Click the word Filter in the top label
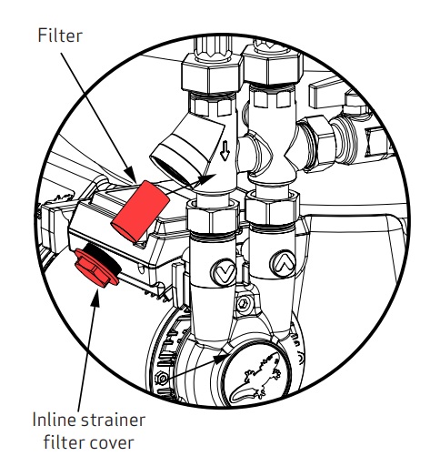tap(60, 35)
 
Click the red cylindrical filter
tap(140, 211)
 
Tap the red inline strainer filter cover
tap(95, 268)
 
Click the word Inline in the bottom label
tap(55, 420)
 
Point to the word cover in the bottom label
tap(115, 443)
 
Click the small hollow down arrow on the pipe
tap(225, 150)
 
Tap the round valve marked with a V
tap(224, 272)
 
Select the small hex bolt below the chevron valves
tap(243, 303)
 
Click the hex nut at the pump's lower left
tap(162, 379)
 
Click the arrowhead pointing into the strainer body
tap(207, 178)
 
